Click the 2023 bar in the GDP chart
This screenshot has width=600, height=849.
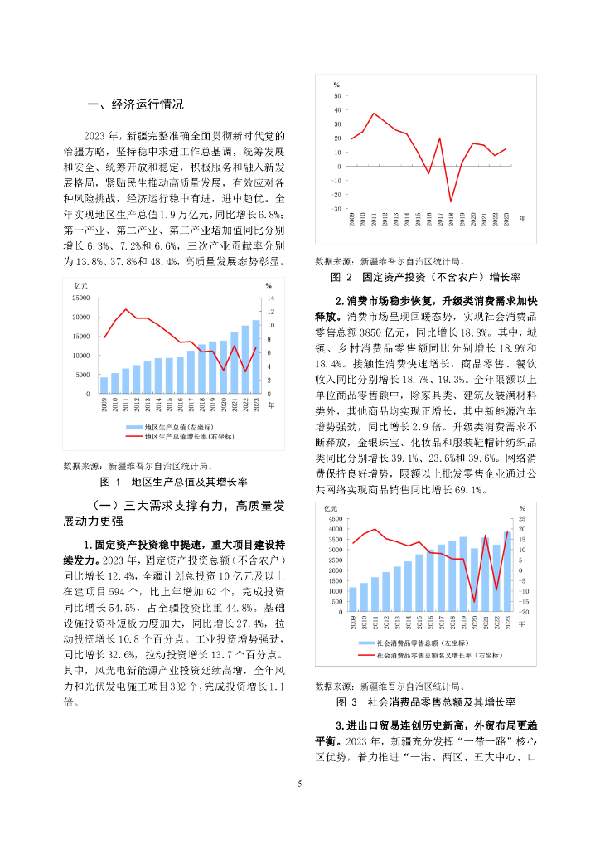click(x=255, y=357)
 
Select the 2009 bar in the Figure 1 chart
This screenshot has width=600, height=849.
click(x=104, y=386)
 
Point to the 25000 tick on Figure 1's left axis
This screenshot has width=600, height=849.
click(x=80, y=298)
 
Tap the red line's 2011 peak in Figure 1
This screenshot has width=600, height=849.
click(x=126, y=309)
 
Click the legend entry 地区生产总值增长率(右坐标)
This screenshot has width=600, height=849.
click(x=189, y=435)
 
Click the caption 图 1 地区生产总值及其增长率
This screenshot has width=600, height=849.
click(x=174, y=481)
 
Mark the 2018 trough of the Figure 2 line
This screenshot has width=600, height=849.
click(x=451, y=201)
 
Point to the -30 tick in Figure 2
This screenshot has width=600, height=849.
click(x=336, y=209)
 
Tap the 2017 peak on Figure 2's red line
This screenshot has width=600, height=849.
click(x=439, y=138)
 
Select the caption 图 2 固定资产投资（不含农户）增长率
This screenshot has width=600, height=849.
click(x=426, y=276)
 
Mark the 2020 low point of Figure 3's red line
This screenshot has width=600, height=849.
click(x=474, y=602)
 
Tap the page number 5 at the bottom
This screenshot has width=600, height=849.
click(x=300, y=783)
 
